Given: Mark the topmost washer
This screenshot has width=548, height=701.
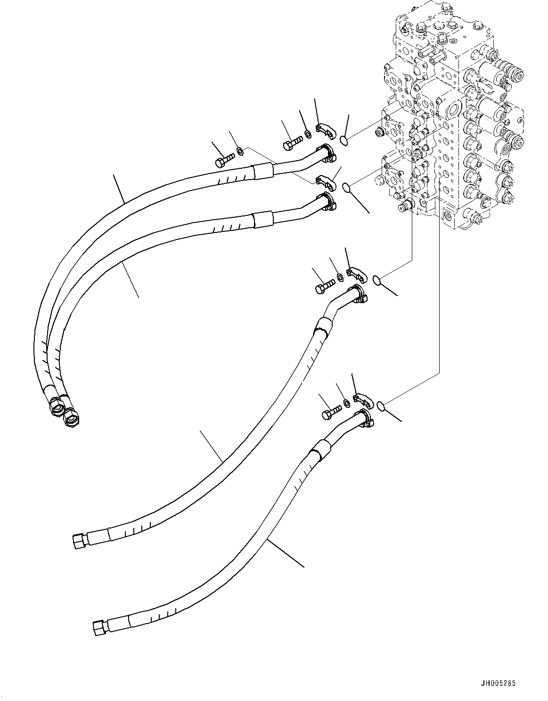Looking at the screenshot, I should (x=307, y=134).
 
